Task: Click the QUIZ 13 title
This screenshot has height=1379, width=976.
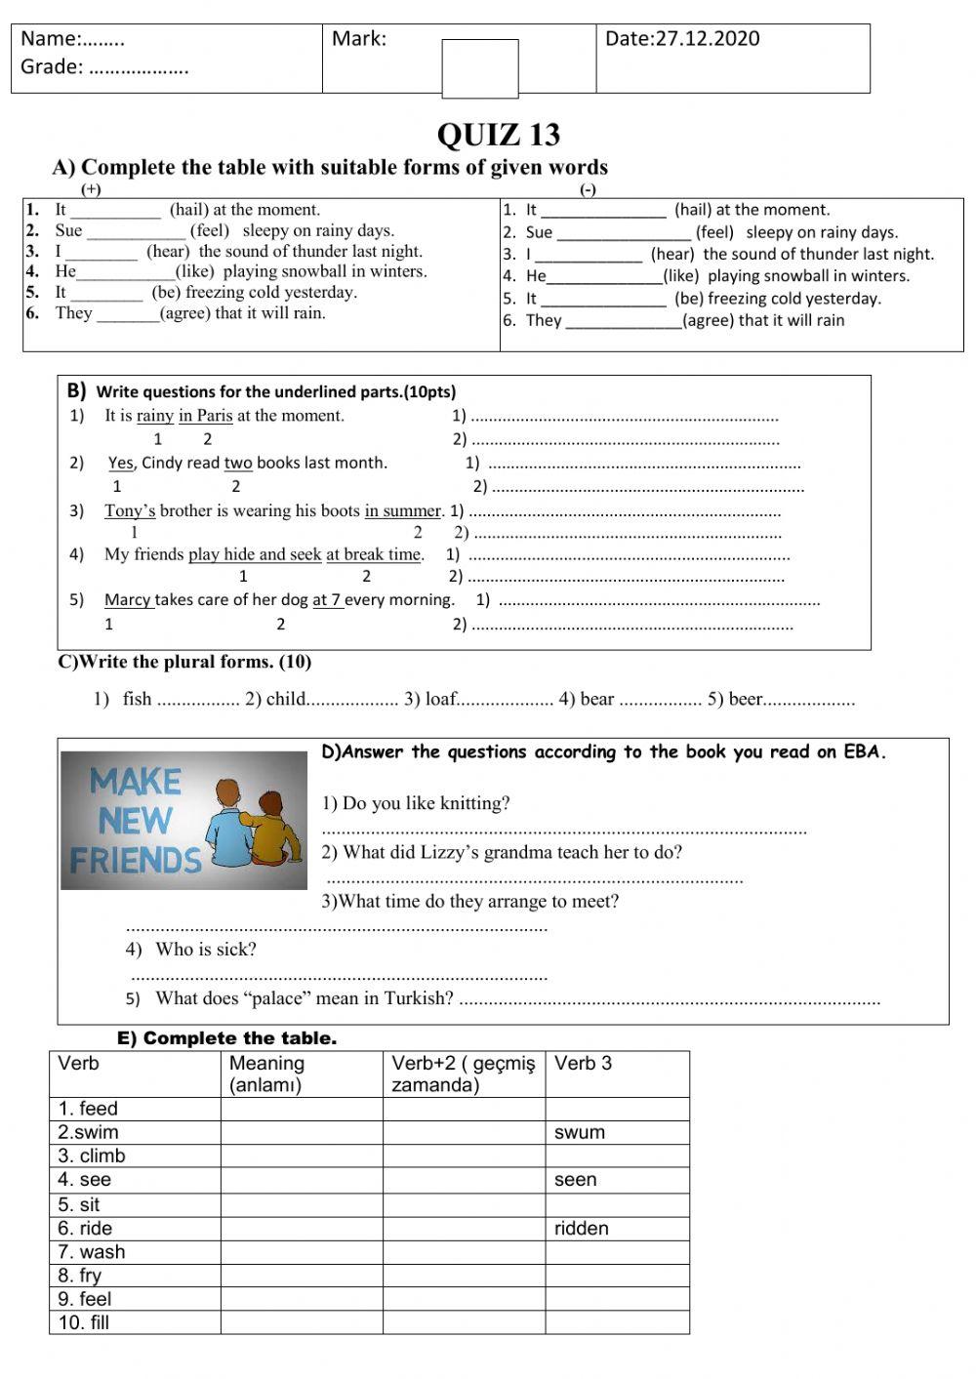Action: [498, 135]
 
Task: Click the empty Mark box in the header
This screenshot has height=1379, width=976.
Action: [479, 68]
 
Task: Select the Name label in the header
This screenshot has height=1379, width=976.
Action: [51, 39]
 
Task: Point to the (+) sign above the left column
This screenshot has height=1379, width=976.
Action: [92, 189]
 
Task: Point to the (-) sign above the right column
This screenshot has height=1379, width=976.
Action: [588, 189]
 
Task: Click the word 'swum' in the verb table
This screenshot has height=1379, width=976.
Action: [579, 1132]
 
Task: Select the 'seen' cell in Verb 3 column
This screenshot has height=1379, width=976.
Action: [575, 1180]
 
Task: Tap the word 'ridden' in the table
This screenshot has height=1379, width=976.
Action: [581, 1228]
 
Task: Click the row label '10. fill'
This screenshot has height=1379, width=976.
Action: [84, 1322]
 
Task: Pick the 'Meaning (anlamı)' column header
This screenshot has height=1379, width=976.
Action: [266, 1074]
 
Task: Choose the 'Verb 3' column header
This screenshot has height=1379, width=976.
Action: [583, 1064]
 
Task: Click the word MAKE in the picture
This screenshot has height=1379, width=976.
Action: [137, 782]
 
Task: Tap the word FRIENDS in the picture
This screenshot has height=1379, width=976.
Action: [135, 860]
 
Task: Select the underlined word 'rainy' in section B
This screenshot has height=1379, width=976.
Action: [154, 416]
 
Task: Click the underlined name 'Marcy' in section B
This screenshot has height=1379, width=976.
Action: [128, 600]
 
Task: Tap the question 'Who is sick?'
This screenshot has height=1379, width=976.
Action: [205, 950]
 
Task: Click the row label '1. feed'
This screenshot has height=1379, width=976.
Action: [88, 1109]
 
